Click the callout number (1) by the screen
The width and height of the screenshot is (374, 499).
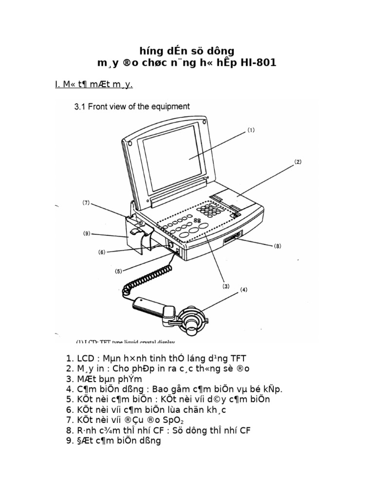click(251, 131)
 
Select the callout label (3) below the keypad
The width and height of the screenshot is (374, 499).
click(226, 287)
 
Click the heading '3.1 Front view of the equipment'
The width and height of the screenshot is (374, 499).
click(131, 106)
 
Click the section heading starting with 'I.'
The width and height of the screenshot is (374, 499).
click(93, 84)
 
